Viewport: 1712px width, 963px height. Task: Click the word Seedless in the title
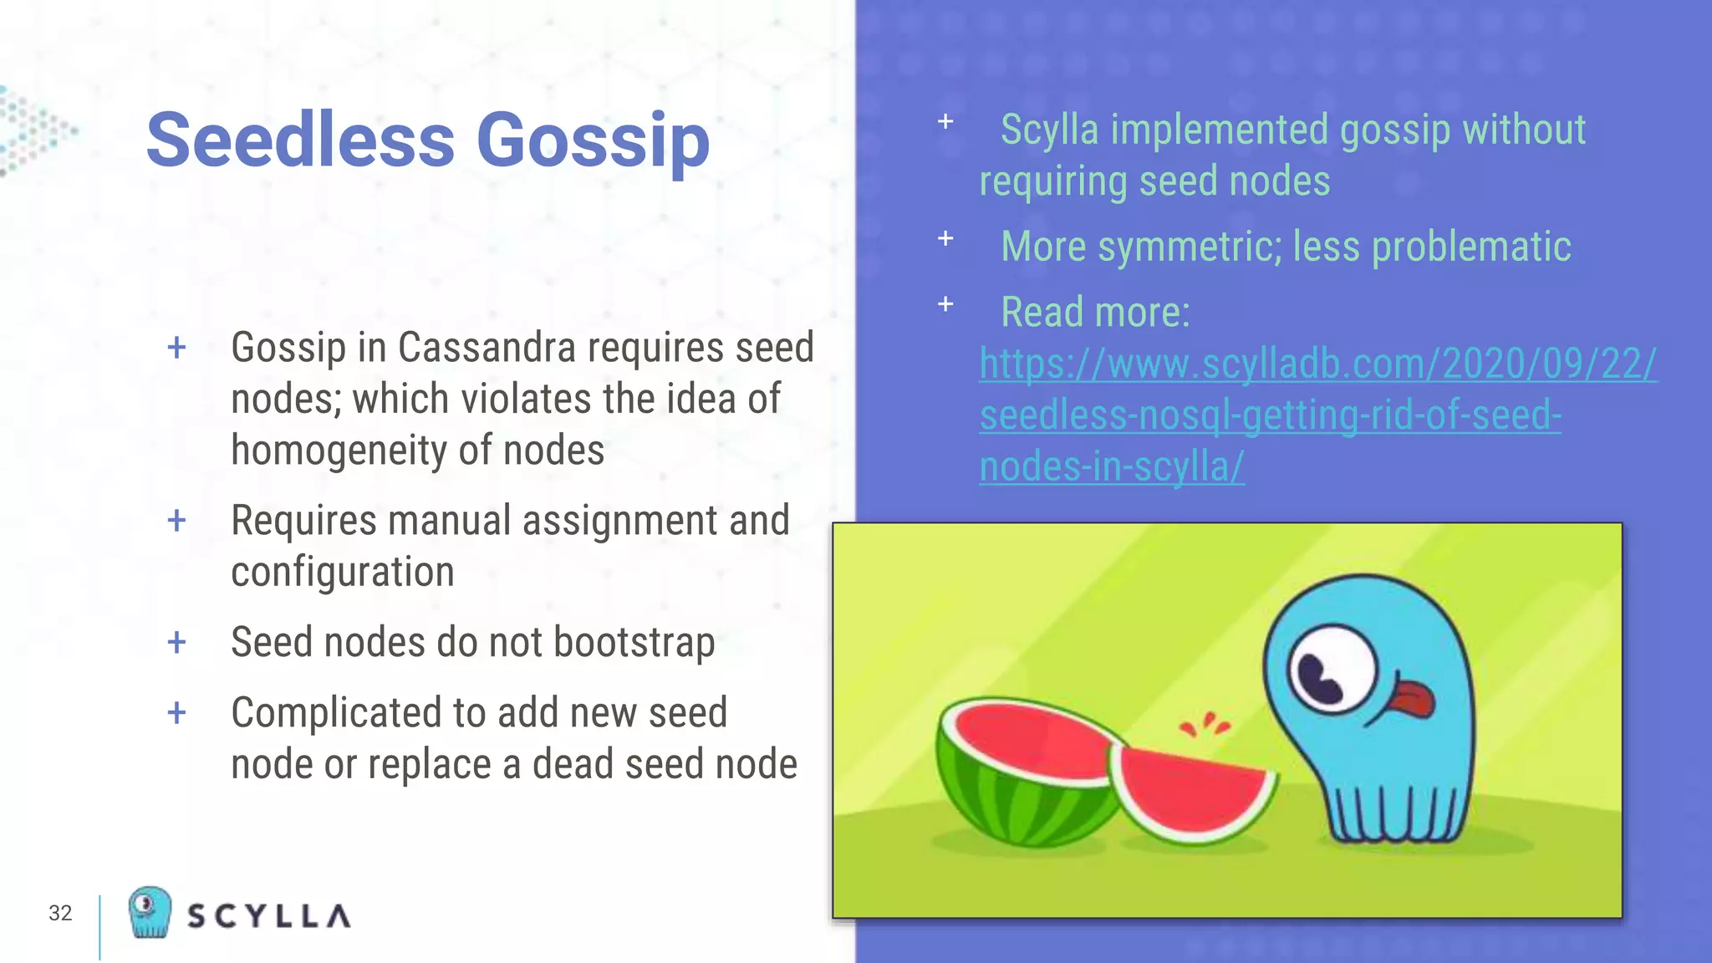tap(300, 140)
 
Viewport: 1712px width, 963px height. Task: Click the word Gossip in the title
tap(593, 140)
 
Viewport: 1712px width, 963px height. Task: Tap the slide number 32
tap(60, 913)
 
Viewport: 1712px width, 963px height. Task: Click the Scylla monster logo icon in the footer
tap(150, 912)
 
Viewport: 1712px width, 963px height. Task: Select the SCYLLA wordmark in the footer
tap(268, 916)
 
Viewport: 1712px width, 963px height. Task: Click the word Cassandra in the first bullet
tap(486, 347)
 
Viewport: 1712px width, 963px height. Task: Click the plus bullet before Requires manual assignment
tap(176, 521)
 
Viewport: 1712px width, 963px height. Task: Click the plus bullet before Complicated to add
tap(176, 713)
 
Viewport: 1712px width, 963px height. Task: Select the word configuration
tap(342, 573)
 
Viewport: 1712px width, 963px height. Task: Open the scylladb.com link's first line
tap(1317, 364)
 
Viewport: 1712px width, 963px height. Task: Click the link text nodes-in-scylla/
tap(1111, 466)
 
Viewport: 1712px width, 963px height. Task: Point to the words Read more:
tap(1094, 313)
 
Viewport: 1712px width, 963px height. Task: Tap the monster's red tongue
tap(1412, 698)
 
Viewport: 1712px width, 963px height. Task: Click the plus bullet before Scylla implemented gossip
tap(945, 122)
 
